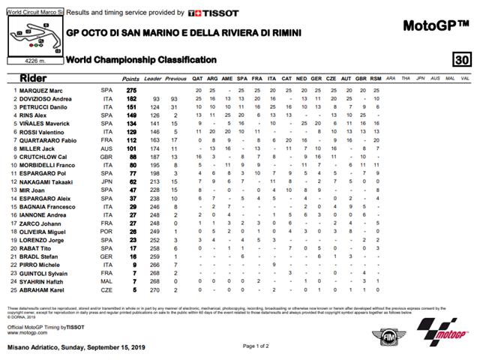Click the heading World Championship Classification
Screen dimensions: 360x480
coord(142,60)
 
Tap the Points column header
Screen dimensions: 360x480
coord(130,78)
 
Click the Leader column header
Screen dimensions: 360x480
coord(153,78)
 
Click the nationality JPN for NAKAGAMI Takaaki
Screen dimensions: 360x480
coord(106,181)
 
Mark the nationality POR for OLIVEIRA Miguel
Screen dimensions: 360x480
coord(106,231)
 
